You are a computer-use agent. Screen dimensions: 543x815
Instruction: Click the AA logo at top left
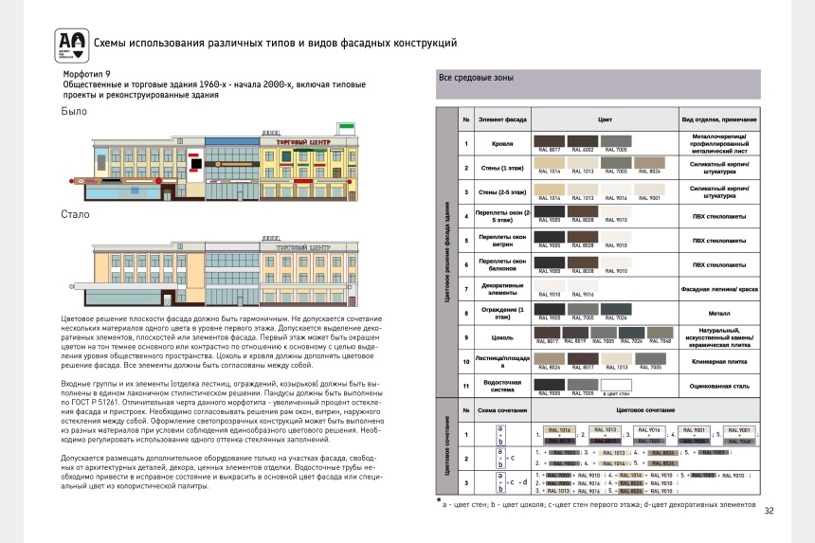[69, 43]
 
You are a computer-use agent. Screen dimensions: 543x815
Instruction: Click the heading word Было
[74, 111]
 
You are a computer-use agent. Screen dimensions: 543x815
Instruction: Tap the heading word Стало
[76, 214]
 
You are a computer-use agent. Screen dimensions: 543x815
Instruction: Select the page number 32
[770, 511]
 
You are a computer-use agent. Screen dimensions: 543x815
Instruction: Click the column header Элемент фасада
[503, 120]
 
